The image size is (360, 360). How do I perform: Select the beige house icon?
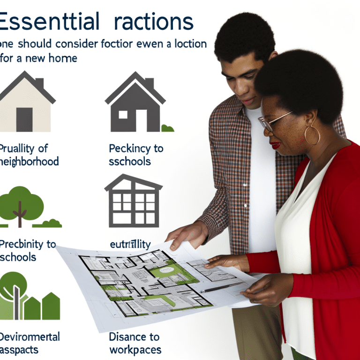point(26,102)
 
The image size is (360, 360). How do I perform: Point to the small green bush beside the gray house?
point(167,128)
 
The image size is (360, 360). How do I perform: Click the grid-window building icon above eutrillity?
point(133,201)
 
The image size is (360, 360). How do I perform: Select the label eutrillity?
point(130,244)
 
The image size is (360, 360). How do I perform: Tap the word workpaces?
point(135,350)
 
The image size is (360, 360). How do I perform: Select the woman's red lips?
point(276,145)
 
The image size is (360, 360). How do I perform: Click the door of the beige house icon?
point(24,120)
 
